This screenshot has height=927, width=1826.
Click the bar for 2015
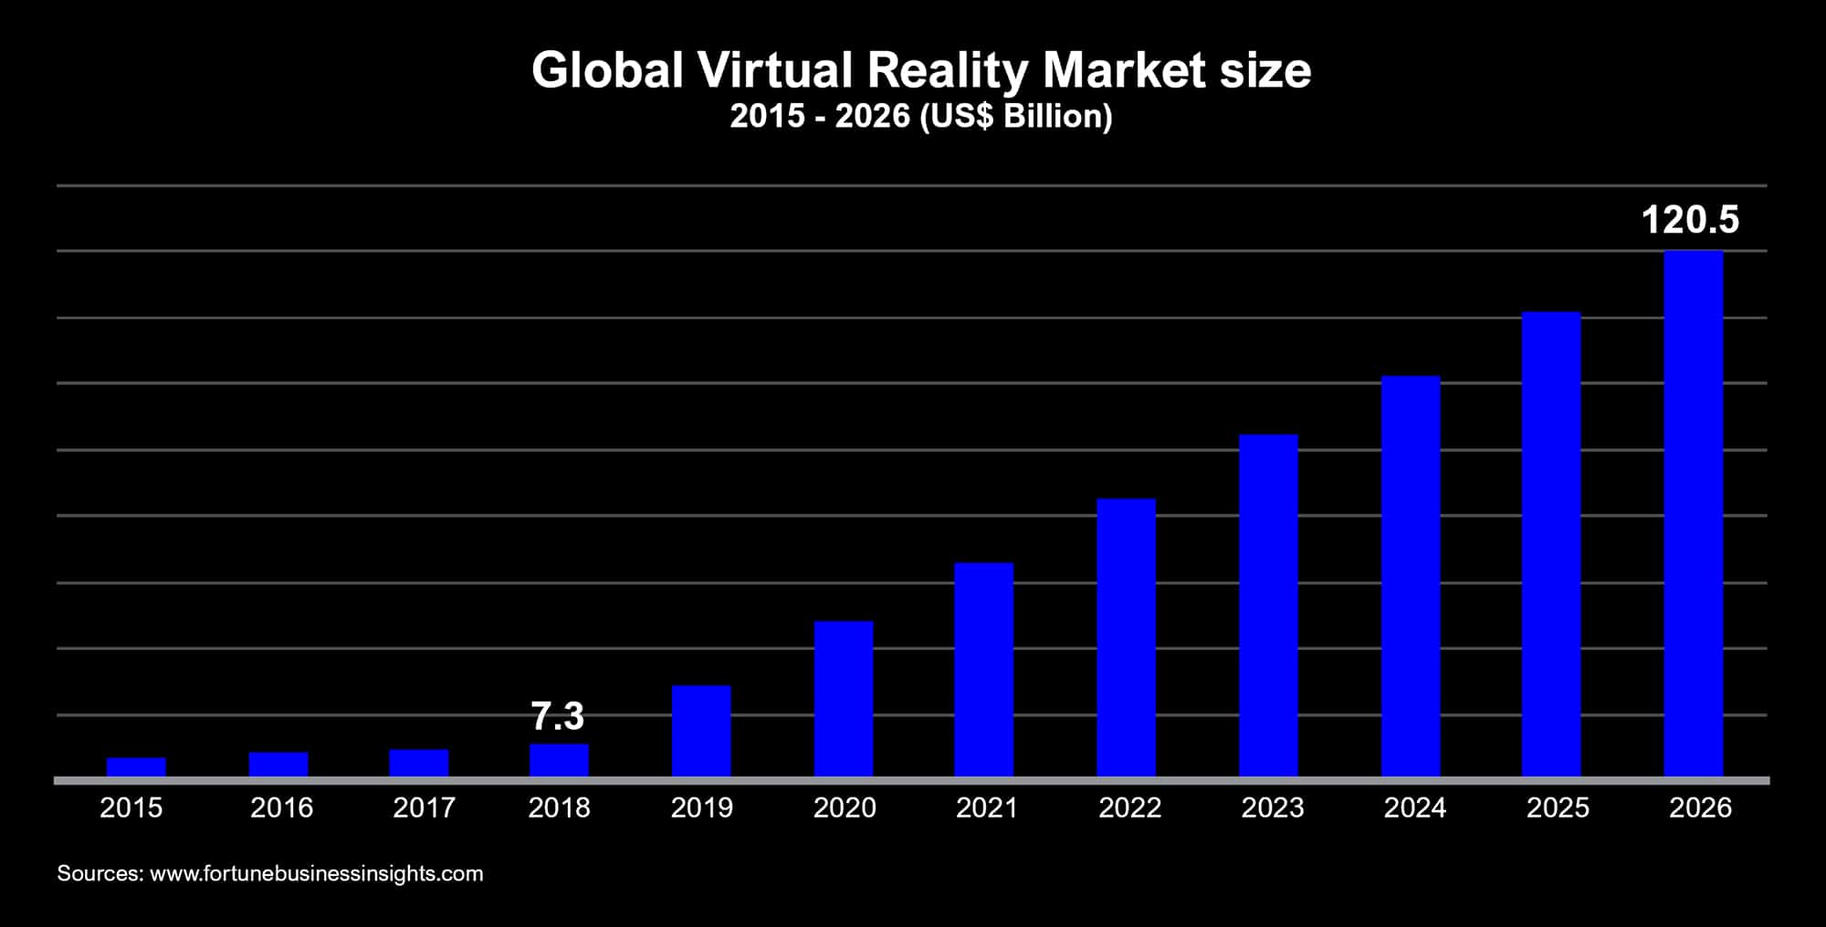pos(136,766)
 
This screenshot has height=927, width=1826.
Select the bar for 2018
pos(559,760)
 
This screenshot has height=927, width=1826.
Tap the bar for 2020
pos(844,699)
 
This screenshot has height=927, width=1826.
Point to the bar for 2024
pos(1411,576)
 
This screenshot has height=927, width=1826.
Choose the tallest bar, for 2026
pos(1694,513)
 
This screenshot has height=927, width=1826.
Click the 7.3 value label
pos(557,716)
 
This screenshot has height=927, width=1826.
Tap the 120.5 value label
pos(1690,220)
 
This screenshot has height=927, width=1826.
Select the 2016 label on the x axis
pos(281,807)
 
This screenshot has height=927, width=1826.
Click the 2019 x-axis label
pos(702,807)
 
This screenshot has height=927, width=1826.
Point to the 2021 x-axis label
pos(987,807)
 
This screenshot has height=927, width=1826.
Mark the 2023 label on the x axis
pos(1272,807)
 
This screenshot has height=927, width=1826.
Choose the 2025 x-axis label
pos(1558,807)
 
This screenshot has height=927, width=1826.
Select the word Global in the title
pos(607,70)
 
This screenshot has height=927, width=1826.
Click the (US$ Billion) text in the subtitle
pos(1016,117)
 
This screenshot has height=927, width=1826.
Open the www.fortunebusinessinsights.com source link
pos(316,873)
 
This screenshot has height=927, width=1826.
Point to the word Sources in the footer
pos(100,873)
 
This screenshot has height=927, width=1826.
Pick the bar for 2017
pos(419,763)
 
